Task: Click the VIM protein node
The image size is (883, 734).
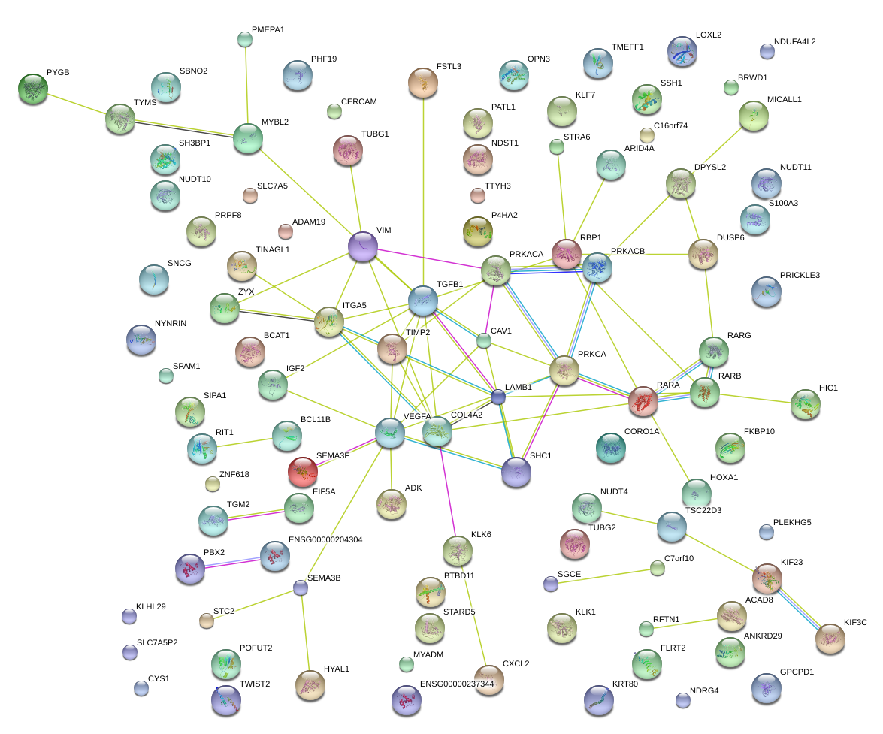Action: (x=363, y=246)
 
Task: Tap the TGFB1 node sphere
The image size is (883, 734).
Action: (x=423, y=300)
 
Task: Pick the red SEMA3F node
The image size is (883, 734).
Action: (x=302, y=471)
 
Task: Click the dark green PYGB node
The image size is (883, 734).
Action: (x=32, y=89)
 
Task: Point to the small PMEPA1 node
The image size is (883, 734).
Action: (x=244, y=39)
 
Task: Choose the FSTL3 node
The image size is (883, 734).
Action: (x=423, y=82)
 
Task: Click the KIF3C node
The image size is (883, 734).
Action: (x=830, y=638)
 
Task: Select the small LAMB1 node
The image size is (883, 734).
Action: (x=498, y=397)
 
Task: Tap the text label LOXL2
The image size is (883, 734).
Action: (x=709, y=35)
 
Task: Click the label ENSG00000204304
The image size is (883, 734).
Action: (x=325, y=539)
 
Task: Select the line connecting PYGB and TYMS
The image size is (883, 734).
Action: (x=76, y=104)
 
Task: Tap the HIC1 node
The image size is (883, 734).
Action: (x=806, y=404)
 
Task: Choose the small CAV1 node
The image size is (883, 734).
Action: (x=485, y=341)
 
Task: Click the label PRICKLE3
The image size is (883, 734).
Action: (x=800, y=275)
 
